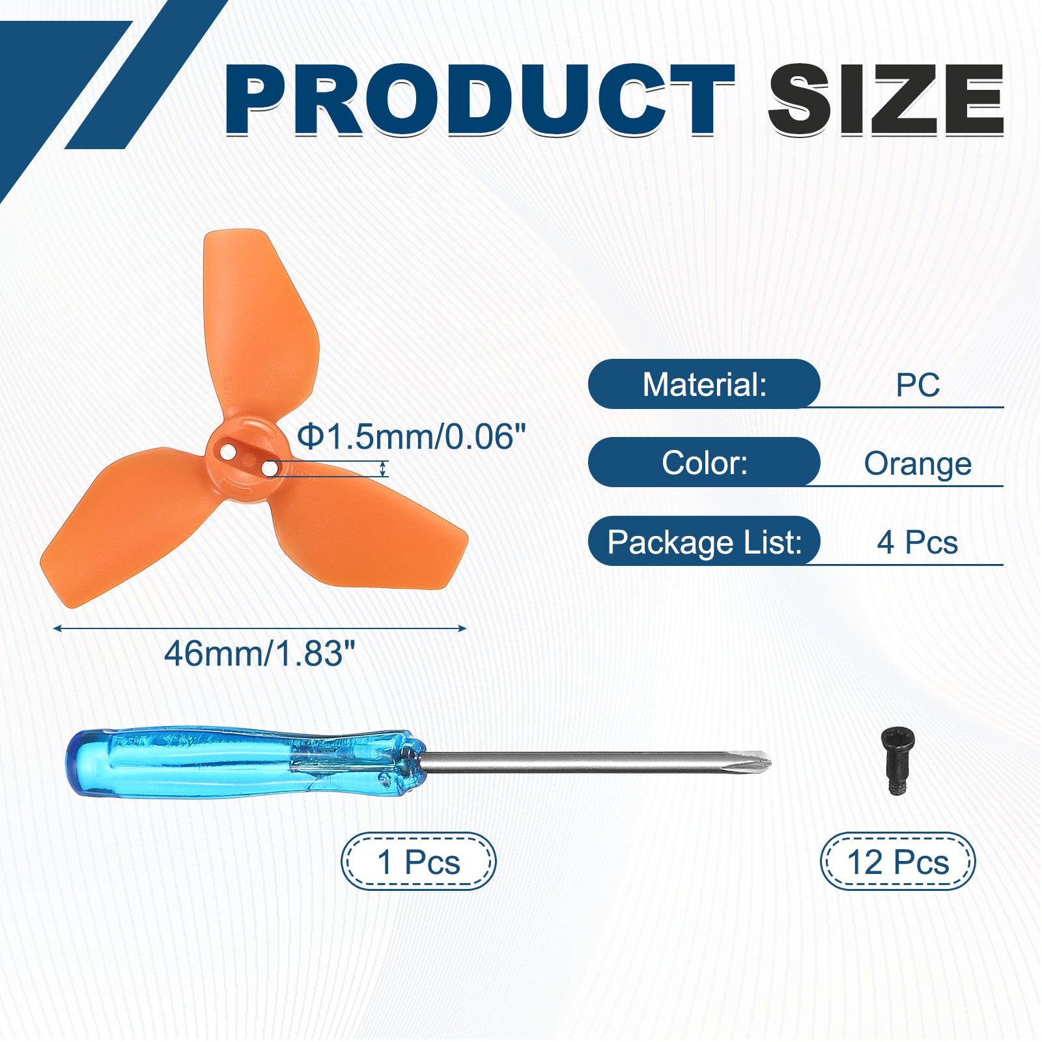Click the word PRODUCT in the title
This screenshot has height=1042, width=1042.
pos(480,100)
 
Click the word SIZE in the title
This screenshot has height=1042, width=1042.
pos(886,100)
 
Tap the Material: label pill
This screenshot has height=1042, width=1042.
pos(704,384)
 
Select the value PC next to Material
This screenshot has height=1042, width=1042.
pos(918,385)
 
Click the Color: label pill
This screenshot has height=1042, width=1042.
pos(704,462)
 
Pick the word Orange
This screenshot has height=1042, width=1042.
pos(918,464)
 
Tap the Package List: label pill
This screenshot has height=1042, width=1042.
pos(704,541)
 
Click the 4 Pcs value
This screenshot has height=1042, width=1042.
pos(918,542)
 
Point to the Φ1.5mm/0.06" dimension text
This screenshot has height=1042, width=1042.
pos(411,436)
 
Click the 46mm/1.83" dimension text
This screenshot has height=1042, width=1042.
pos(260,653)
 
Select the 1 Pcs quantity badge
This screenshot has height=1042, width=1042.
pos(419,862)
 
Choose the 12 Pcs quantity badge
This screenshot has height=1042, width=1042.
pos(897,862)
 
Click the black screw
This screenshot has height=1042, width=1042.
pos(897,761)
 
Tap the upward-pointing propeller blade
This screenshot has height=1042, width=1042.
pos(260,326)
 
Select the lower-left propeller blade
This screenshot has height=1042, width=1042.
pos(130,521)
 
